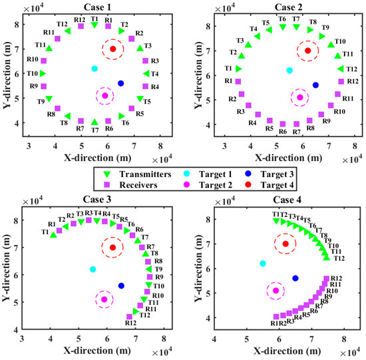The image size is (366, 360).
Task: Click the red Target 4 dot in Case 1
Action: coord(112,49)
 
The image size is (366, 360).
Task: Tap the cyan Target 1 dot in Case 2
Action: coord(289,71)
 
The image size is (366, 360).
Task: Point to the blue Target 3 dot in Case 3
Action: coord(121,285)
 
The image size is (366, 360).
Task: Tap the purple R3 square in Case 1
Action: coord(145,61)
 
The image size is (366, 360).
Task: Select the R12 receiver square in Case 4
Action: coord(327,279)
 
